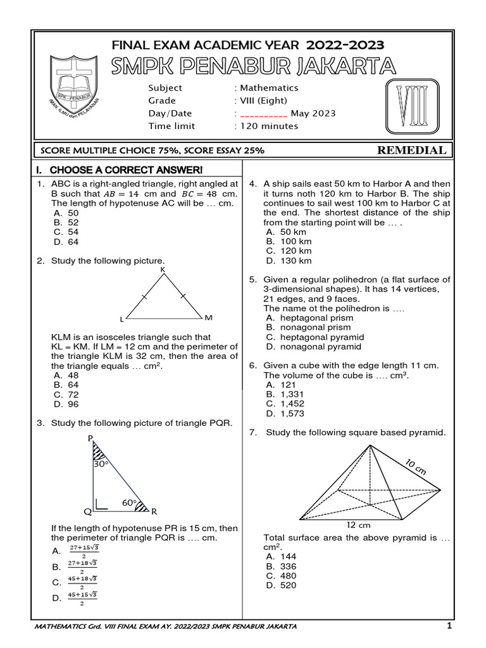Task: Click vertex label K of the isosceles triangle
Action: (163, 270)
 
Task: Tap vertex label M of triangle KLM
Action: (208, 316)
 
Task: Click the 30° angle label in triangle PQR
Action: (101, 464)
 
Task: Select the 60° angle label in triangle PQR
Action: (130, 502)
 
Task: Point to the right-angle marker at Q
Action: (100, 504)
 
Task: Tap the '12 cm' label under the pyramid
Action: (358, 525)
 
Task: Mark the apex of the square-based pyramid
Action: (370, 445)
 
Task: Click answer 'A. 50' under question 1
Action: (66, 213)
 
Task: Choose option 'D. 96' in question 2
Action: (66, 404)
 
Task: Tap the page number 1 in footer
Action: (449, 626)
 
